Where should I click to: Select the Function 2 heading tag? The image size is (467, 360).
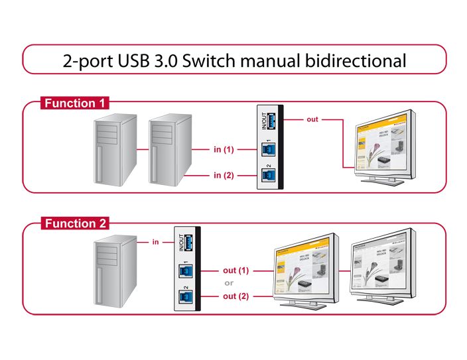(75, 223)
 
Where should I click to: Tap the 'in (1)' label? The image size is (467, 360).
(224, 150)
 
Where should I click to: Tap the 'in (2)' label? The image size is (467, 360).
(224, 175)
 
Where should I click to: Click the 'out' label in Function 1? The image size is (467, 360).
(312, 119)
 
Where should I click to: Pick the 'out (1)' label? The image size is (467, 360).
(235, 270)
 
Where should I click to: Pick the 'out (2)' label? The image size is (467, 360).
(235, 296)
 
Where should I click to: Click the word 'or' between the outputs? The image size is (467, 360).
(229, 283)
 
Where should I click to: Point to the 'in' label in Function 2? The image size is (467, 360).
(155, 242)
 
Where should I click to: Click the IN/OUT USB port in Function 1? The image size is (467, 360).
(271, 122)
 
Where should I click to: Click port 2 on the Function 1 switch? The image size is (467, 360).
(271, 175)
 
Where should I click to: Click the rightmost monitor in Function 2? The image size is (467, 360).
(383, 269)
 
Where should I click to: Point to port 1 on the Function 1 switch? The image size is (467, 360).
(271, 150)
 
